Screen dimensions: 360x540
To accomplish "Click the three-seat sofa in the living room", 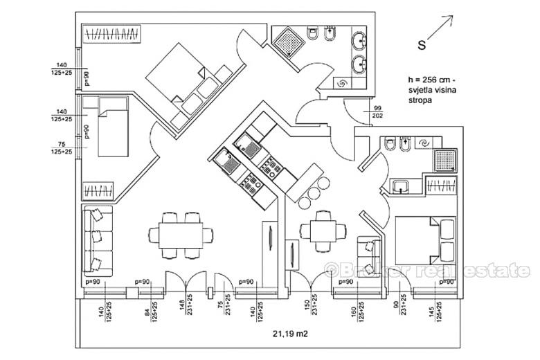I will click(x=96, y=238).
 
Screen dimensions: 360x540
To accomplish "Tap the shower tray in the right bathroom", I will click(x=444, y=161).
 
